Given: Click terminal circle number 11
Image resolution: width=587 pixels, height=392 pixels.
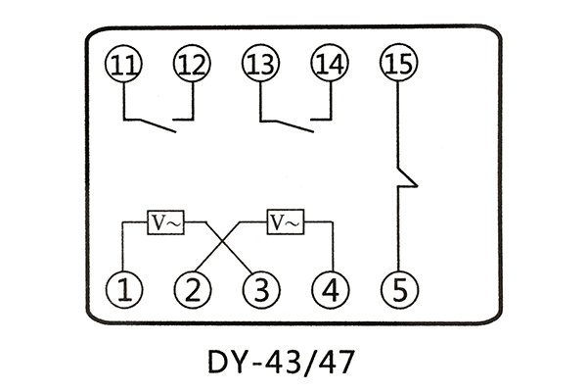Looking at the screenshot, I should click(123, 65).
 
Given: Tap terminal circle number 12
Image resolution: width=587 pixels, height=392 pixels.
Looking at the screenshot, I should click(192, 65).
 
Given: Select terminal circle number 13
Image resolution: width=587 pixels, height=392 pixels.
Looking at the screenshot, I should click(260, 65).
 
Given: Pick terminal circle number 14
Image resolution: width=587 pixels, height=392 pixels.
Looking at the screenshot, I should click(329, 65).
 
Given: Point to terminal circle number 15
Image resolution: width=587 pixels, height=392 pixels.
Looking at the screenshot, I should click(397, 65).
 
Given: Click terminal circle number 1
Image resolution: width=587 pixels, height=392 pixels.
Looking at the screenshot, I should click(123, 290).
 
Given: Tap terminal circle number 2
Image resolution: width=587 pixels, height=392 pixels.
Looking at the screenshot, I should click(192, 290).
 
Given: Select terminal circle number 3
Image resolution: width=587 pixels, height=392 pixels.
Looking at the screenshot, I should click(260, 290).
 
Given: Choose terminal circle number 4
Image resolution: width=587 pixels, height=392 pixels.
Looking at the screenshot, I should click(329, 290).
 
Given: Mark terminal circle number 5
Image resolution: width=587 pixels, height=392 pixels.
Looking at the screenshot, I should click(397, 290).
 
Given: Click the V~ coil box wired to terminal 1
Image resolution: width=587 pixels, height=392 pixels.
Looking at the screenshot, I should click(164, 222).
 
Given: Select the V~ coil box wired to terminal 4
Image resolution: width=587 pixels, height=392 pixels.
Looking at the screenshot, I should click(286, 222).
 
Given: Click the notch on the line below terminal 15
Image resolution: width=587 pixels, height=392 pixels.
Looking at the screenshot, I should click(407, 179).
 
